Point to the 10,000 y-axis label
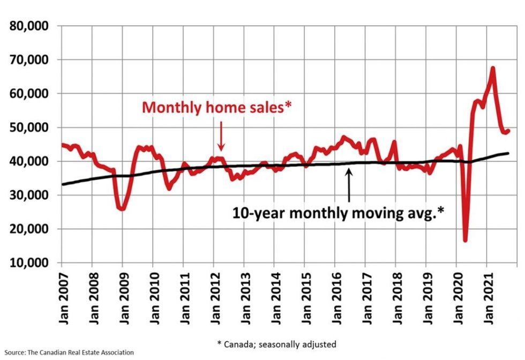point(31,263)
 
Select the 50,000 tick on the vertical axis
point(31,127)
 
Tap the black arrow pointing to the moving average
point(349,185)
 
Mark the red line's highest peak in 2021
point(492,68)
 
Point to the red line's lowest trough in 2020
point(465,241)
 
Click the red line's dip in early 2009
point(123,209)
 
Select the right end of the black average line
point(508,153)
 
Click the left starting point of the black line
point(62,184)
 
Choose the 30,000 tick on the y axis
point(31,196)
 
